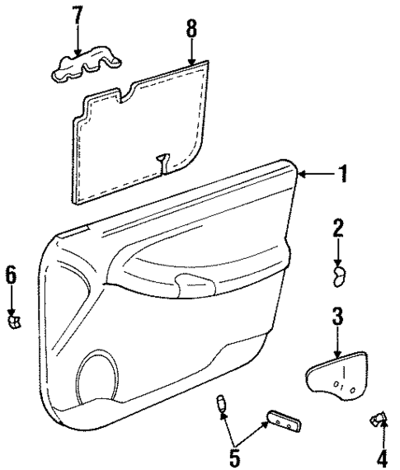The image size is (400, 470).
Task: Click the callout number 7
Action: click(78, 14)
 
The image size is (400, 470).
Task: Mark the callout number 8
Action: click(191, 29)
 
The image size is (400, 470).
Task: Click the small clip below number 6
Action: click(13, 320)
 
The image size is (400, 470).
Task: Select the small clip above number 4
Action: click(378, 421)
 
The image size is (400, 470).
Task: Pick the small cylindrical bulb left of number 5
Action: click(221, 403)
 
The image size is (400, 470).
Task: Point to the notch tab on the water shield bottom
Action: click(164, 162)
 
